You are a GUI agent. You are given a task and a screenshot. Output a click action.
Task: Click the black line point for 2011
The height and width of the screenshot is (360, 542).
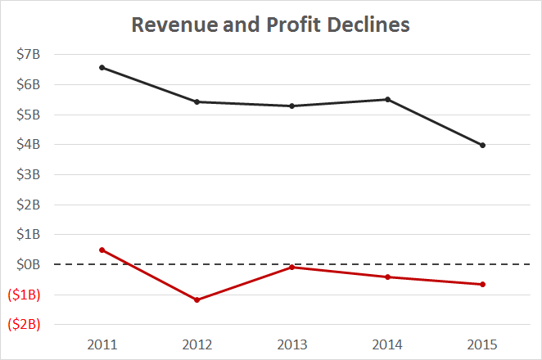click(x=102, y=67)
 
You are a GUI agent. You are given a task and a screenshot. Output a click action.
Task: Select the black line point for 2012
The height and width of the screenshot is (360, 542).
click(x=197, y=101)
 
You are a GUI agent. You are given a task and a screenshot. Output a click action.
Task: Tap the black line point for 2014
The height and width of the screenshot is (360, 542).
click(x=387, y=99)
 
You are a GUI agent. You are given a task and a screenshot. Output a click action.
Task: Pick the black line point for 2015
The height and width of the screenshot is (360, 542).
click(x=483, y=145)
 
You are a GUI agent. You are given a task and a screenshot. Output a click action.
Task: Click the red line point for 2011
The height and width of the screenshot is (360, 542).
click(x=102, y=250)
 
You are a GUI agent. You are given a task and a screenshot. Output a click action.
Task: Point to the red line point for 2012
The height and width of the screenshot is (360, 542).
click(x=197, y=299)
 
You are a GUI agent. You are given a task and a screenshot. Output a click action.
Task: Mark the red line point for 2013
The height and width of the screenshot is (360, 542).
click(x=292, y=267)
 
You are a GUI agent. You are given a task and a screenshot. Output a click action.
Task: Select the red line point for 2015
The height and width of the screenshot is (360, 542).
click(x=483, y=284)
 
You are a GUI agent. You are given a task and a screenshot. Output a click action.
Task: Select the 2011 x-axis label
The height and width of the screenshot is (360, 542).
click(x=102, y=343)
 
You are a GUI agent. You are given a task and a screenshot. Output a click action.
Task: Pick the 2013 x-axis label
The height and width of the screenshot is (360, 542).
click(x=292, y=343)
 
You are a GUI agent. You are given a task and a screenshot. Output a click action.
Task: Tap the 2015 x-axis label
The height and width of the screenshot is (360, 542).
click(x=483, y=343)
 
